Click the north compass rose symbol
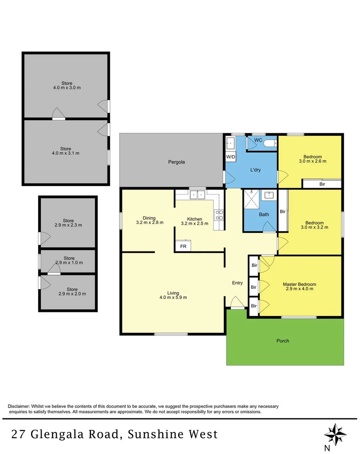[x=336, y=433]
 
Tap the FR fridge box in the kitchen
[x=183, y=246]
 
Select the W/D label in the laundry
[x=230, y=157]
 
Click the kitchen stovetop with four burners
[x=219, y=215]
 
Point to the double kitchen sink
[x=196, y=195]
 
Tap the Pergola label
[x=177, y=162]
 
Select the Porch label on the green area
[x=283, y=341]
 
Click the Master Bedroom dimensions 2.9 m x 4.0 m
[x=299, y=289]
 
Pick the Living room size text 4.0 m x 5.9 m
[x=173, y=297]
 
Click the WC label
[x=258, y=140]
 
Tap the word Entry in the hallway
[x=237, y=283]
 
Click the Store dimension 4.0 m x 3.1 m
[x=65, y=153]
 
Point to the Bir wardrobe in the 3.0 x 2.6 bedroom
[x=322, y=184]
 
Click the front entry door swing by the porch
[x=236, y=303]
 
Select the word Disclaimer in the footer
[x=19, y=406]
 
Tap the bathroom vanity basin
[x=268, y=195]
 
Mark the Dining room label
[x=149, y=218]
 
